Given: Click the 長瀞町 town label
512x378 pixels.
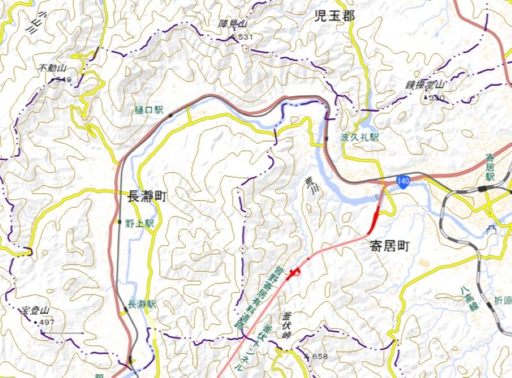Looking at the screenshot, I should (147, 197).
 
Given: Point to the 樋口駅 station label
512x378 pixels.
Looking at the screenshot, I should (149, 111).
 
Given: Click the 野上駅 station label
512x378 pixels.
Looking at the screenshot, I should (140, 224).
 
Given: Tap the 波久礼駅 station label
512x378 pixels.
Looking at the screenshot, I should (360, 138).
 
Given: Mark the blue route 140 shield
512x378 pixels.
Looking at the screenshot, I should (403, 181).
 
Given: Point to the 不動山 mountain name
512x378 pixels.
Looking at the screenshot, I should (52, 68).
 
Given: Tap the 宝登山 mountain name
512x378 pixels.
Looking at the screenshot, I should (36, 311).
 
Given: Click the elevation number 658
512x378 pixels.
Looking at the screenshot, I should (319, 356).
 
